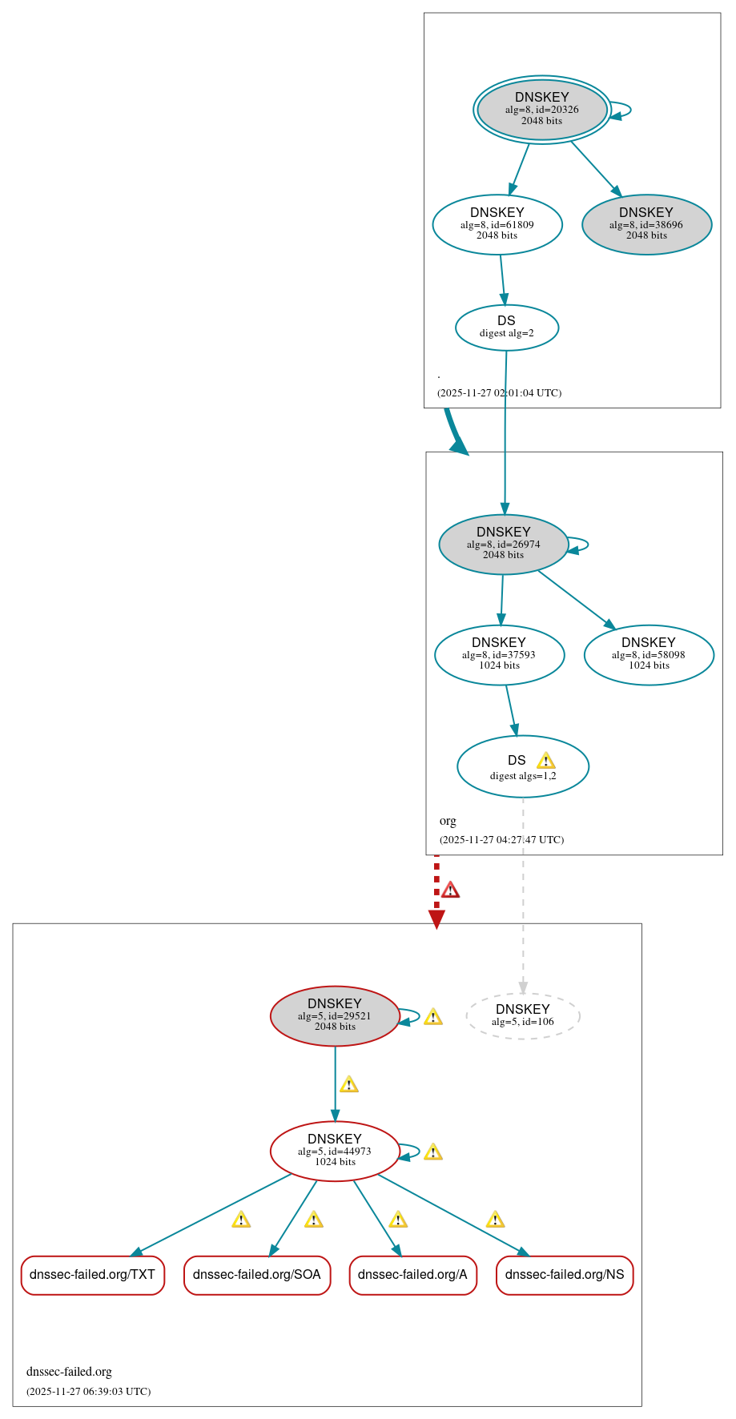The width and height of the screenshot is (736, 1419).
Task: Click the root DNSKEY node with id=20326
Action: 542,110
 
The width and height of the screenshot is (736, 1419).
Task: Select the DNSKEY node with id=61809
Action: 497,224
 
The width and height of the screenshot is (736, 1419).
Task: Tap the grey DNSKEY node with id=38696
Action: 646,224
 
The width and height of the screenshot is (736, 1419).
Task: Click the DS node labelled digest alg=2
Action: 506,327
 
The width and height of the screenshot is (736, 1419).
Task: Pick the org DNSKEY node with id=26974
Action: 503,544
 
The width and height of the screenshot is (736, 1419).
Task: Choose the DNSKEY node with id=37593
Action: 499,654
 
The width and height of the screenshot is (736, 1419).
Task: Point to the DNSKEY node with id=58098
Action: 649,654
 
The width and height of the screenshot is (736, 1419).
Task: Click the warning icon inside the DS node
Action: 545,761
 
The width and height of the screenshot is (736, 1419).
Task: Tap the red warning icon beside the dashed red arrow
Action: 451,890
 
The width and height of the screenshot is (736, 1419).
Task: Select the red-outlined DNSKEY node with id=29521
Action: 335,1015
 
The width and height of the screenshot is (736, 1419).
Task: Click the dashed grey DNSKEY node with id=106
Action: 522,1015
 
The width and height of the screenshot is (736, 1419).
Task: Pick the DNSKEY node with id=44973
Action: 335,1151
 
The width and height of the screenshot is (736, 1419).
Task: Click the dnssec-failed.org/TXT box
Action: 93,1274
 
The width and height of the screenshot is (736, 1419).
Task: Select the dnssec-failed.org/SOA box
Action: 257,1274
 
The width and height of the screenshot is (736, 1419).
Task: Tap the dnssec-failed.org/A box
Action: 412,1274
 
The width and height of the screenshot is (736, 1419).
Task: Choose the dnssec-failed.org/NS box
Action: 565,1274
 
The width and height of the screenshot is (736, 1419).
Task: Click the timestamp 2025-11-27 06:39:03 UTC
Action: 88,1391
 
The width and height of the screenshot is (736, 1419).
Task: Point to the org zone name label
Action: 448,821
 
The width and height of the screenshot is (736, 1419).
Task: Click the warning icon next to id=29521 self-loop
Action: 433,1017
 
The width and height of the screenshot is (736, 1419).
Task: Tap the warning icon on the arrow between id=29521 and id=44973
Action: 349,1085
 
